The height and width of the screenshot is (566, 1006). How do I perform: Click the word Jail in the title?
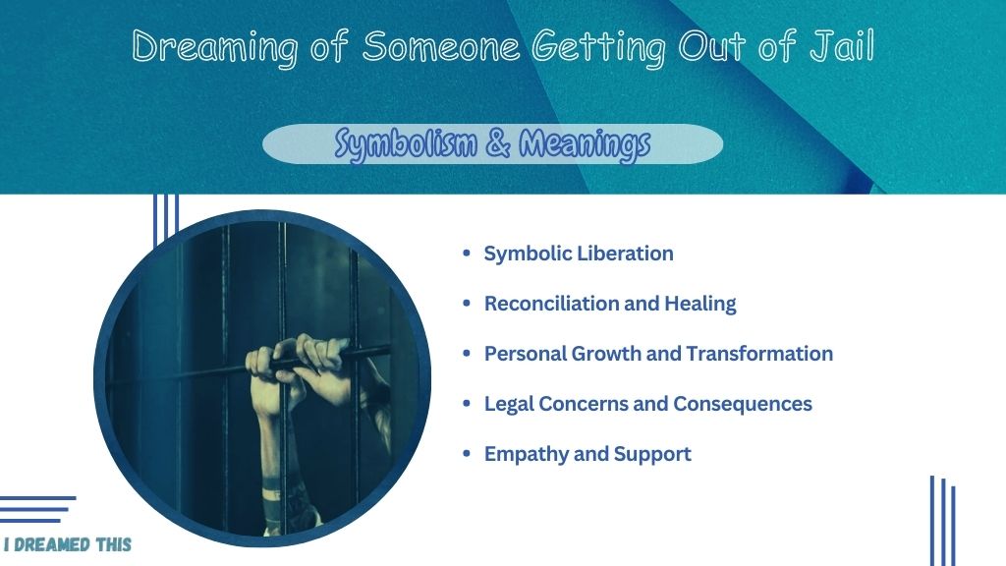point(842,46)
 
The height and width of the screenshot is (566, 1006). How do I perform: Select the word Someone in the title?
point(441,46)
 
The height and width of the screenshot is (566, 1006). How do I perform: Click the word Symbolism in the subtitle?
point(406,143)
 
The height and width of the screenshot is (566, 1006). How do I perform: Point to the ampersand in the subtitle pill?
point(498,142)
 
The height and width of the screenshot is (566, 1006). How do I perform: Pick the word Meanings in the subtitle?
point(585,144)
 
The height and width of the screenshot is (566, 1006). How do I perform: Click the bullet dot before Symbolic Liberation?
point(467,254)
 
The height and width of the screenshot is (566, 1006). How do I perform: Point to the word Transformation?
point(759,354)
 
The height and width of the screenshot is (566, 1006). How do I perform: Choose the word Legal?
point(509,404)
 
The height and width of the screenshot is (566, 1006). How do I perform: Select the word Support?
point(652,454)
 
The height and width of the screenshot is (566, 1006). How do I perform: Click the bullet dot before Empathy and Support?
point(467,454)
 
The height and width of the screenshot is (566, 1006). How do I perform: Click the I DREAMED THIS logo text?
point(68,544)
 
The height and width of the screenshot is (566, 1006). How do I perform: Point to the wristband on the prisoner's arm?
point(273,495)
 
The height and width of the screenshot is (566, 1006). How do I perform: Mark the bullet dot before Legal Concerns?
point(467,404)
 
